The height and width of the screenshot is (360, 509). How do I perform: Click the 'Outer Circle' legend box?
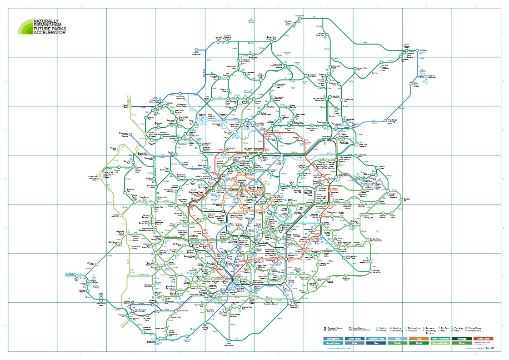click(x=482, y=338)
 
